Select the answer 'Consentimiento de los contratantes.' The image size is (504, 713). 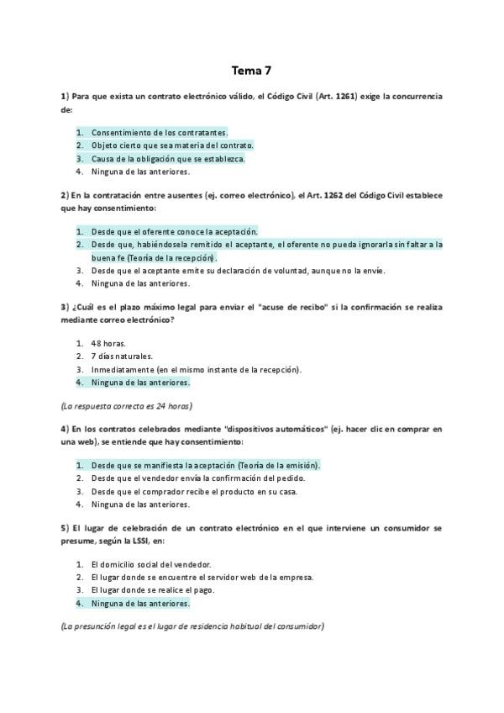click(x=160, y=132)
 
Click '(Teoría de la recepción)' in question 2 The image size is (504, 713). click(x=177, y=257)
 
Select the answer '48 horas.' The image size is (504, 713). click(x=102, y=343)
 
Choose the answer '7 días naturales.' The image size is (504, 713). click(x=122, y=356)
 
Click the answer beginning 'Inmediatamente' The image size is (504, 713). click(x=196, y=369)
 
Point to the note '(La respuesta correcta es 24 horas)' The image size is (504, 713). click(x=126, y=405)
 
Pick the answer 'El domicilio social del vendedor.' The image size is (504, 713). click(x=151, y=564)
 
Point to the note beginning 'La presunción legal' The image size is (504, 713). click(x=192, y=626)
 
